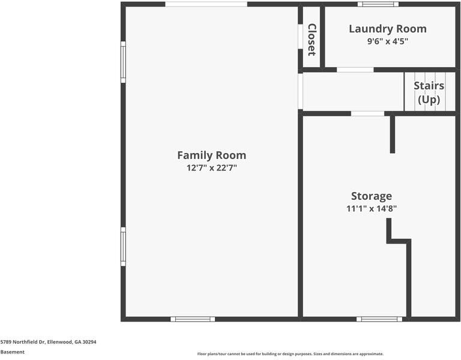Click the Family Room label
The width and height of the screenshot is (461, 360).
point(211,155)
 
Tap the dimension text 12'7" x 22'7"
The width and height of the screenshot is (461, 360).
point(211,168)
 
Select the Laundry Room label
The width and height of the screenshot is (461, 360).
point(387,29)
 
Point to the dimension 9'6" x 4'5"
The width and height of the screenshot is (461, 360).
point(387,41)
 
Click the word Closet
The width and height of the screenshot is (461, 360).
point(312,39)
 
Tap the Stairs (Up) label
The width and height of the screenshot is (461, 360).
point(429,92)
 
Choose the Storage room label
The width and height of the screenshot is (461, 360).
point(371,196)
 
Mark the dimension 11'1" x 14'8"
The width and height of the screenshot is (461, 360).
point(371,209)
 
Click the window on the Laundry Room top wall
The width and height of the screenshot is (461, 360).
point(378,4)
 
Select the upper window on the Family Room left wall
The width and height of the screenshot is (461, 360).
point(123,61)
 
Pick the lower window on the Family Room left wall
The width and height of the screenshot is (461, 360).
point(123,246)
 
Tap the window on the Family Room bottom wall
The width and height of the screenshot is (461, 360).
point(193,319)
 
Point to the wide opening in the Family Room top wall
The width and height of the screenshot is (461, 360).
point(206,4)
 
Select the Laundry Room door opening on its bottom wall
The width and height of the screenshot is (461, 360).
point(355,70)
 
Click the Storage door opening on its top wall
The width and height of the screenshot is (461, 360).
point(367,113)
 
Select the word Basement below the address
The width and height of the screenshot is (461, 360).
point(13,352)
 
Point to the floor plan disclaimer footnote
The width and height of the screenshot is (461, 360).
point(290,354)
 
